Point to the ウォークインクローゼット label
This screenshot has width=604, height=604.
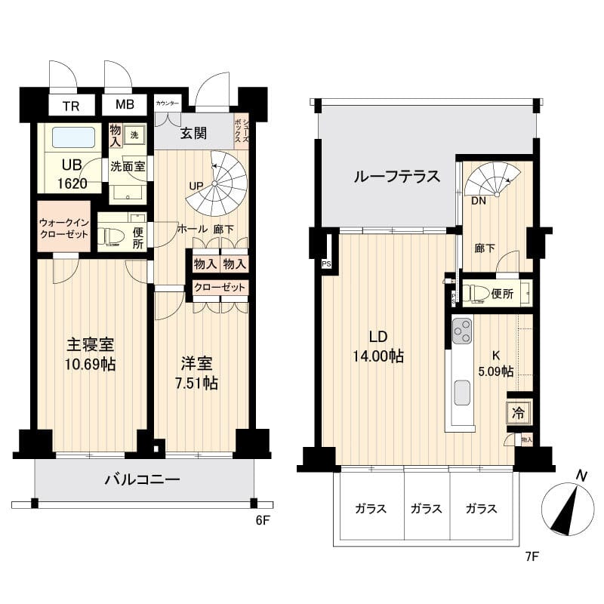63,228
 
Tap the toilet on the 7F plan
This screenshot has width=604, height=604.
476,294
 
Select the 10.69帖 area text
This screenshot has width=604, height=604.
91,365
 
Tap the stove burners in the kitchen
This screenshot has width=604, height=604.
462,331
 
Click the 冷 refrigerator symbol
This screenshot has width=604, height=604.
519,413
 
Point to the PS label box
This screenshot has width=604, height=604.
326,263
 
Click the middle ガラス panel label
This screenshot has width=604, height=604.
427,508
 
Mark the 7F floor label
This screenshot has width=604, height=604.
532,558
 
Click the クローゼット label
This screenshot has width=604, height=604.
220,287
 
